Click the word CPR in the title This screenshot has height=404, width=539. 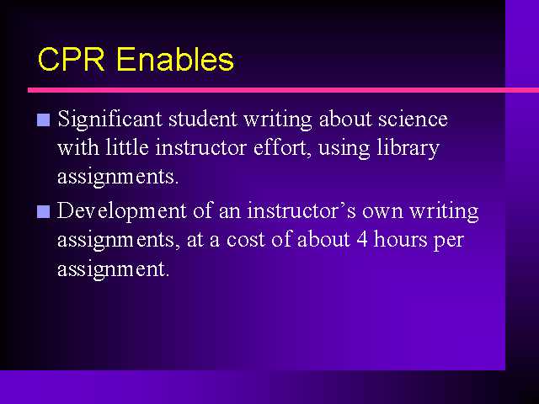[x=71, y=59]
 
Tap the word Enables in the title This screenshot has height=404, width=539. [x=175, y=59]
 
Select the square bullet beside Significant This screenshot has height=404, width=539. [x=43, y=120]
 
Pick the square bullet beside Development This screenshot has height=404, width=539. [x=43, y=211]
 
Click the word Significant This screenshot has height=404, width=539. [x=109, y=120]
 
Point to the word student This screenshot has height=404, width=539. [x=202, y=120]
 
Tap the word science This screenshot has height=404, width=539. [x=413, y=120]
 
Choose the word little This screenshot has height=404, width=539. [x=127, y=148]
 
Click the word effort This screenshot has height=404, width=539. [x=282, y=148]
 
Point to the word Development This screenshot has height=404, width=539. [x=121, y=211]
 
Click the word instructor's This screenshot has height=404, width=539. [x=302, y=210]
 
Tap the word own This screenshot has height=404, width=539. [x=382, y=212]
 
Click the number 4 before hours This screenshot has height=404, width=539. [x=362, y=239]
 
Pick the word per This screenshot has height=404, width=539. [x=448, y=242]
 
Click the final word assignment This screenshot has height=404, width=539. [x=114, y=270]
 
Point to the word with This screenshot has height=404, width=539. [x=78, y=148]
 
